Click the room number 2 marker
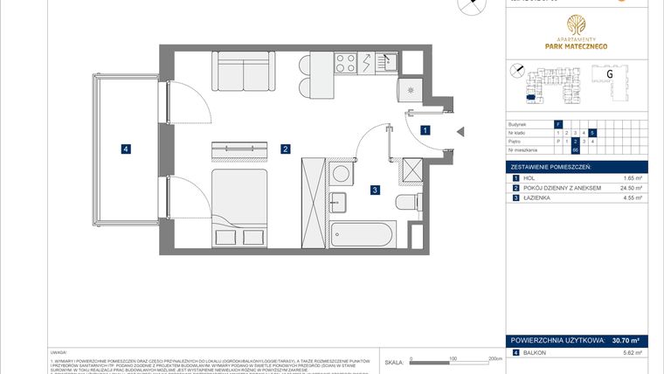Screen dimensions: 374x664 286,149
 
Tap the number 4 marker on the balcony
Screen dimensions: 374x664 127,149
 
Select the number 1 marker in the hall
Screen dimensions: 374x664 425,130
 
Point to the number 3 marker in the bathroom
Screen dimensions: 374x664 374,190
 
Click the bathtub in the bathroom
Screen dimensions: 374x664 362,234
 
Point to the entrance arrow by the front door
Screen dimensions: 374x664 461,131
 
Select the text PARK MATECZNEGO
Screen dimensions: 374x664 575,45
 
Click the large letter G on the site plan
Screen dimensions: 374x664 609,76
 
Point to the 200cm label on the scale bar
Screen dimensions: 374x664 495,358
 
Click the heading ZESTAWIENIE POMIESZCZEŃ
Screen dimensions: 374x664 551,166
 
